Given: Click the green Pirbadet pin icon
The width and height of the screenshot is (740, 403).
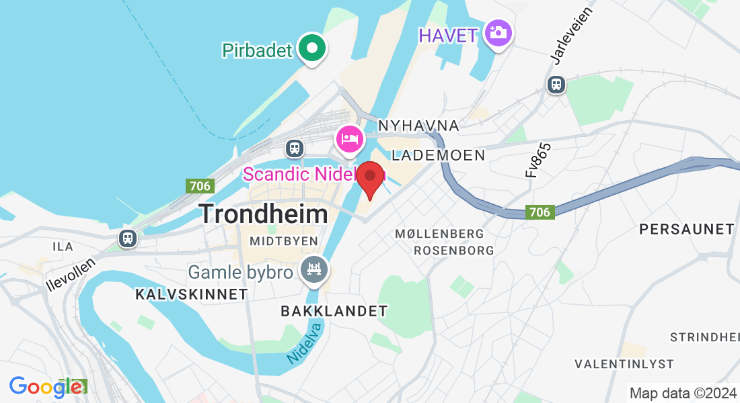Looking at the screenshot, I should click(x=311, y=48).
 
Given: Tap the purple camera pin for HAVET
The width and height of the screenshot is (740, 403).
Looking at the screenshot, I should click(x=498, y=32).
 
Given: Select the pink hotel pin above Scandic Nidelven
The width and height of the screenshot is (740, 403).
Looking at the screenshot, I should click(x=349, y=139).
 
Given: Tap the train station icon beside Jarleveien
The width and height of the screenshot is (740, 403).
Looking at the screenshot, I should click(x=556, y=84).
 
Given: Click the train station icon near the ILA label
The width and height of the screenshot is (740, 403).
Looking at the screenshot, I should click(x=127, y=238).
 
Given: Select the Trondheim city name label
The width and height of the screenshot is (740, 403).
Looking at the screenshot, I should click(x=264, y=214).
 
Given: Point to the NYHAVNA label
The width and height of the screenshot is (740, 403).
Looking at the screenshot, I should click(x=418, y=126).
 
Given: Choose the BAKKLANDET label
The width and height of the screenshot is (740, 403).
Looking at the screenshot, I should click(x=334, y=311).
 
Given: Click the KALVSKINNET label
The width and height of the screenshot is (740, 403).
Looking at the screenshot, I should click(x=192, y=294).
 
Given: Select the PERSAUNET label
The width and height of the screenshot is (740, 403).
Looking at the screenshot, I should click(x=687, y=229).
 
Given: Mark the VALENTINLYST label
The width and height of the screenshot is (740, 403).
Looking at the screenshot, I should click(x=624, y=364).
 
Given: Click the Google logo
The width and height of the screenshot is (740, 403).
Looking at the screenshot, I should click(x=46, y=387).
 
